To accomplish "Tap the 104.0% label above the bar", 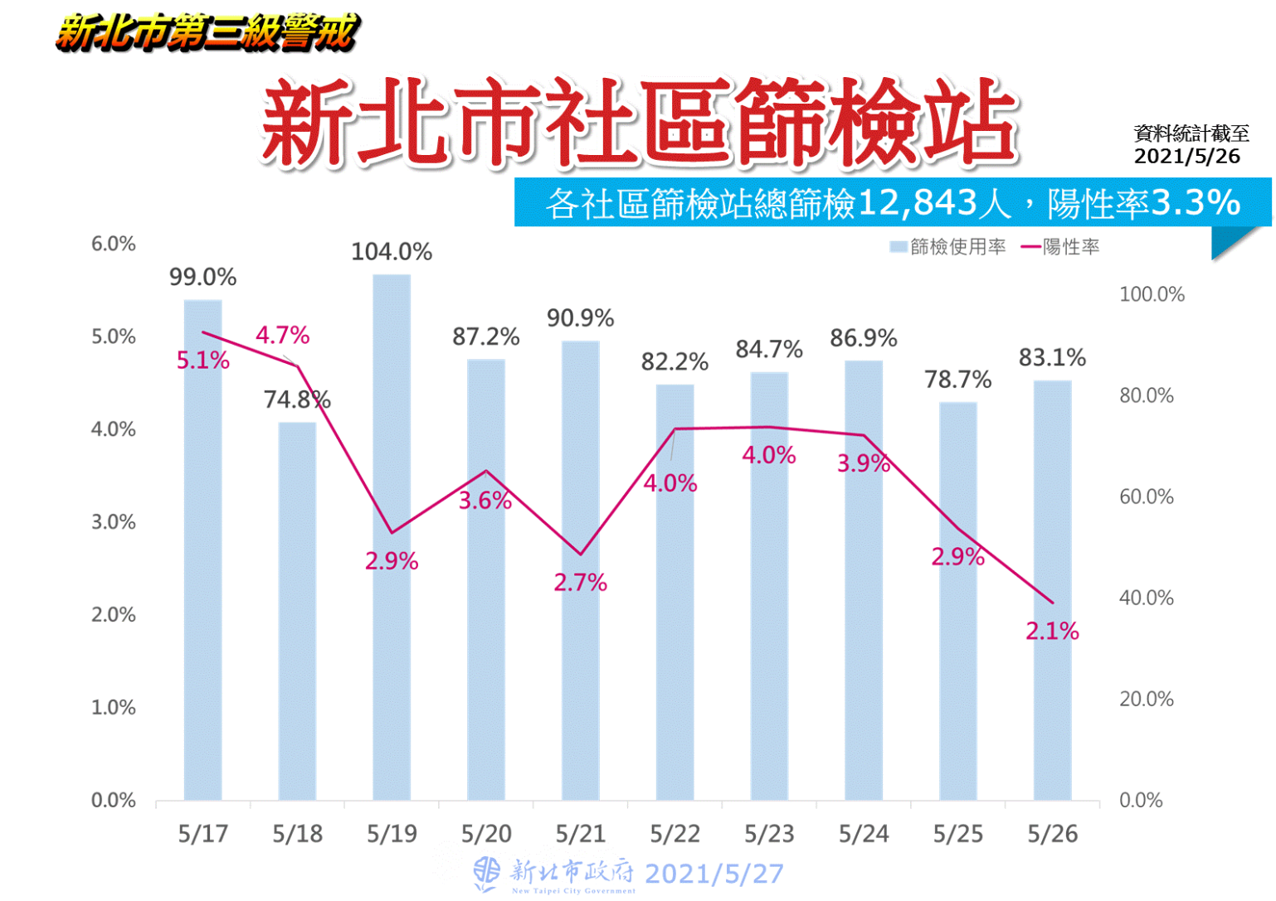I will [x=392, y=252].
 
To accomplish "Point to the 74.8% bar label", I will [x=297, y=400].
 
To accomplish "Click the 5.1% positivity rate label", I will [x=202, y=361].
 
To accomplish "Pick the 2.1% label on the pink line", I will [x=1052, y=632].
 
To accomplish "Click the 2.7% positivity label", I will [x=580, y=583].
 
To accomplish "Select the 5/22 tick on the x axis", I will [x=675, y=834].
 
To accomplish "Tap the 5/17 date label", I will [x=202, y=834].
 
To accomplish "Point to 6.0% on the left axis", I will [x=114, y=244].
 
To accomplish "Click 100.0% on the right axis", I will [x=1152, y=294].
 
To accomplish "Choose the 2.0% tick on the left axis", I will [x=114, y=615].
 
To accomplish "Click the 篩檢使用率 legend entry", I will [x=948, y=247].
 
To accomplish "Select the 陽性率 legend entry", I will [x=1061, y=247].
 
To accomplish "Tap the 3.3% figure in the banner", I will [x=1196, y=202].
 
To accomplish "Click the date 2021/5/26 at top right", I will [x=1186, y=157].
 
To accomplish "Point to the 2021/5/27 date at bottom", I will [x=713, y=874].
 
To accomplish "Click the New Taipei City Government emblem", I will [x=487, y=874].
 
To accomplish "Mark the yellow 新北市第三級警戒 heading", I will [x=207, y=33].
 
